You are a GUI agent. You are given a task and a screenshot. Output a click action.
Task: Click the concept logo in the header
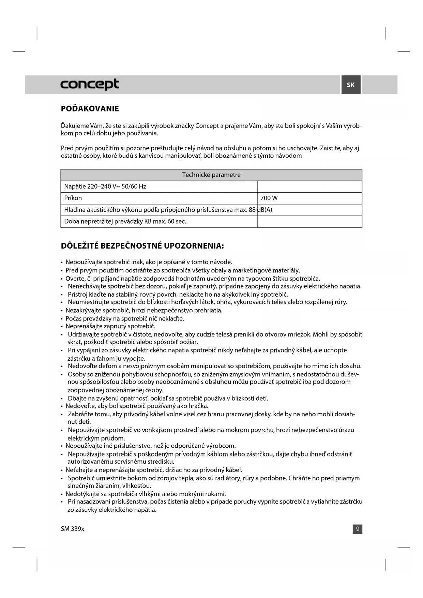[90, 84]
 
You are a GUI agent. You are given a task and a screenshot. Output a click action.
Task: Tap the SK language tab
[351, 85]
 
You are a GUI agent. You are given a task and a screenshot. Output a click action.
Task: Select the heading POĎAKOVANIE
[90, 109]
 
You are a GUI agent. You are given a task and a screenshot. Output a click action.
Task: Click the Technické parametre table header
[211, 175]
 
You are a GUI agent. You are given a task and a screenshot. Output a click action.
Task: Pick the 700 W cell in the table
[269, 198]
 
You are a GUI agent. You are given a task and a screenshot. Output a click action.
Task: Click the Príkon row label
[73, 198]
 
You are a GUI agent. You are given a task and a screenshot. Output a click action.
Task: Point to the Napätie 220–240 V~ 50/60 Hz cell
[105, 186]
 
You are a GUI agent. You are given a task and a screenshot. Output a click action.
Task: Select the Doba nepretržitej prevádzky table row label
[125, 221]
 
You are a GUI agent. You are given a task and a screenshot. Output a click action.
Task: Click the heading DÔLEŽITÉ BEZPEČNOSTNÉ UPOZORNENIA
[142, 246]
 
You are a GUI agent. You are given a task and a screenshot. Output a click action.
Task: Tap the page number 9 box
[357, 529]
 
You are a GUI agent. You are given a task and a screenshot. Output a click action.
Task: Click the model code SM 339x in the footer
[72, 529]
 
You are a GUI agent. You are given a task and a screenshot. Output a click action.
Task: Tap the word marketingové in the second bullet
[250, 270]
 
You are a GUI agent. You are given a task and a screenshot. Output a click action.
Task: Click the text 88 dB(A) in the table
[260, 210]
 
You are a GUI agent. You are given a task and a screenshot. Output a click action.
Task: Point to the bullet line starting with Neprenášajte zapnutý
[110, 326]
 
